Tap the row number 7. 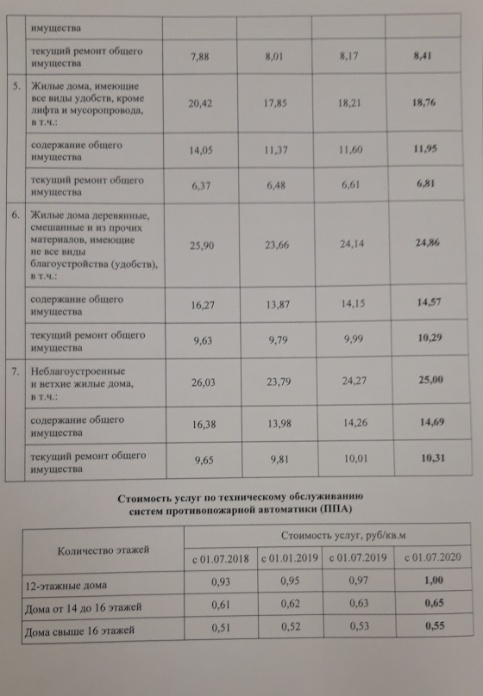pos(16,370)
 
